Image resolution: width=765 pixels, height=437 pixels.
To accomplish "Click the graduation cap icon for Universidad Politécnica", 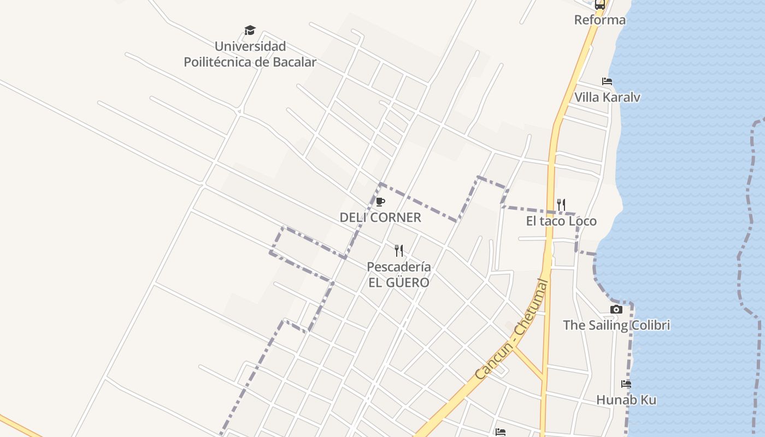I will pyautogui.click(x=250, y=31).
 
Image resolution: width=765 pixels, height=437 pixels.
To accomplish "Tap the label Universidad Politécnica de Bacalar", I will pyautogui.click(x=250, y=54).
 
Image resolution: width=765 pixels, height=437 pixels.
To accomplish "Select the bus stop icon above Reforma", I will pyautogui.click(x=599, y=4).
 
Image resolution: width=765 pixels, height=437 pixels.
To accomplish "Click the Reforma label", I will pyautogui.click(x=599, y=20).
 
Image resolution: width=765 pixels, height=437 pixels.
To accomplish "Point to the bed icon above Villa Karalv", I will pyautogui.click(x=607, y=81).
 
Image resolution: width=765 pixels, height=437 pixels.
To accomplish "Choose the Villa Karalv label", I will pyautogui.click(x=607, y=97).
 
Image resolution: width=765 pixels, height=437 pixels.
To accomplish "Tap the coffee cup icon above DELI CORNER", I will pyautogui.click(x=380, y=202).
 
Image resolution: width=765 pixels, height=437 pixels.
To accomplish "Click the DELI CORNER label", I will pyautogui.click(x=380, y=217).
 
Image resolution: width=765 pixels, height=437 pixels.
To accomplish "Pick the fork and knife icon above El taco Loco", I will pyautogui.click(x=561, y=205).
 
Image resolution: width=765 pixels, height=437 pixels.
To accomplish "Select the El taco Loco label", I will pyautogui.click(x=561, y=221).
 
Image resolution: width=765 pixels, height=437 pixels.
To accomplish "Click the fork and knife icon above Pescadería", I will pyautogui.click(x=399, y=251).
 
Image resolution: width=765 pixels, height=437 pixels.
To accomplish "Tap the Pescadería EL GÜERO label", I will pyautogui.click(x=398, y=275).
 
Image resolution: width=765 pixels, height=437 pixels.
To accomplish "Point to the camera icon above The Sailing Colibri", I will pyautogui.click(x=616, y=310).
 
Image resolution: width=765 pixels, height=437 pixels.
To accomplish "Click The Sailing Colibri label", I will pyautogui.click(x=616, y=326).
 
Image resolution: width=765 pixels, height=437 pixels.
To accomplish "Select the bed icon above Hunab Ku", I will pyautogui.click(x=626, y=384).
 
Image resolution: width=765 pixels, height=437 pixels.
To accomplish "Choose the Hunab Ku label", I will pyautogui.click(x=626, y=400).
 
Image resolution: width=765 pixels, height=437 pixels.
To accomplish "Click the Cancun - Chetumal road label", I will pyautogui.click(x=511, y=330).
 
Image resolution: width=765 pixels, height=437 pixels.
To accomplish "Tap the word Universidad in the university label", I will pyautogui.click(x=250, y=46).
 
